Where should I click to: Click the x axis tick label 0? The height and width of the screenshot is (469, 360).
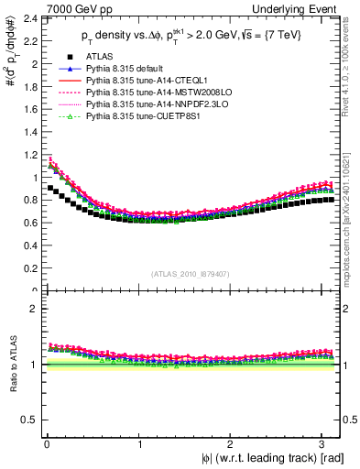(x=47, y=445)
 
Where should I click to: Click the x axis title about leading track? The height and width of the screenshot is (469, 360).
(x=276, y=459)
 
